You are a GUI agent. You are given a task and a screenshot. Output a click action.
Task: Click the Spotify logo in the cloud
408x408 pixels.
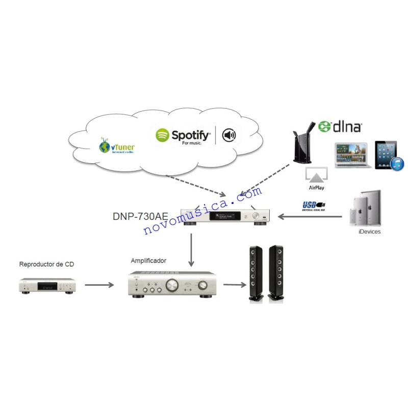(183, 136)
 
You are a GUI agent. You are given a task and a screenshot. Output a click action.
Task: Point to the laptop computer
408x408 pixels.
(351, 156)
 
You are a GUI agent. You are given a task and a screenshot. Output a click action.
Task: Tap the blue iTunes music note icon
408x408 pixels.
(398, 164)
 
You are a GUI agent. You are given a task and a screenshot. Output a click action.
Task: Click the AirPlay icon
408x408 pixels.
(316, 178)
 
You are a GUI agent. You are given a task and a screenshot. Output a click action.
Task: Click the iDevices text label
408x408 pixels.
(369, 232)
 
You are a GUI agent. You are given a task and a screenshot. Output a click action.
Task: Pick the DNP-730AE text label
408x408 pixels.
(140, 216)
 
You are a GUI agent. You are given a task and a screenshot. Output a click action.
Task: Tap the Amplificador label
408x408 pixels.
(148, 261)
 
